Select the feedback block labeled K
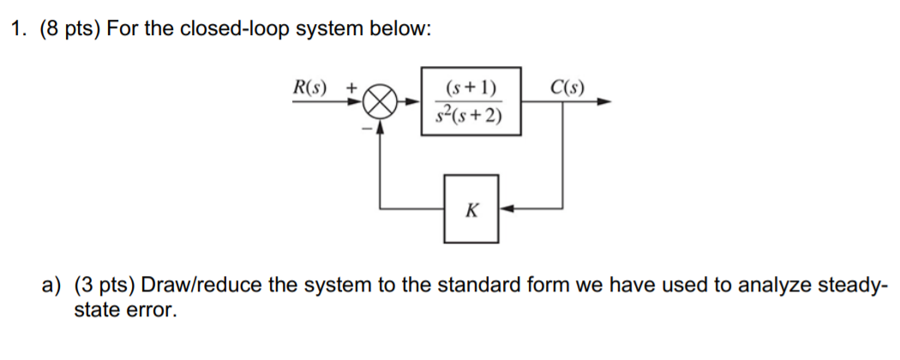[x=471, y=207]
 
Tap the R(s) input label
[x=310, y=87]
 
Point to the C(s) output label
[x=567, y=87]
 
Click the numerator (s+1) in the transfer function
[x=471, y=87]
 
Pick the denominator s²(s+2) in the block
[x=471, y=115]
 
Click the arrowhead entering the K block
[x=505, y=207]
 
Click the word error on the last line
[x=155, y=309]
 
